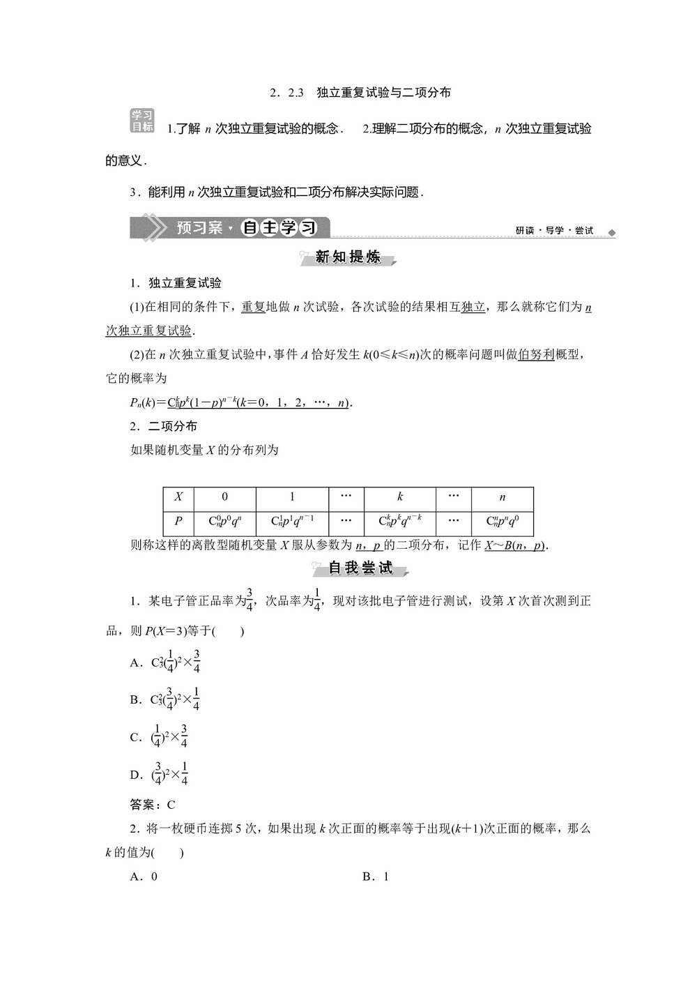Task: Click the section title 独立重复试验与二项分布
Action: [383, 92]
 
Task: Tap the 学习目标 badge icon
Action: [142, 121]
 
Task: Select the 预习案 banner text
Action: [199, 228]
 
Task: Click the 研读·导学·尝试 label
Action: [554, 231]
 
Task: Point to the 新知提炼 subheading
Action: [348, 257]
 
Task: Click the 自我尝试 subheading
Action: [360, 568]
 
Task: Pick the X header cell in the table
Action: [178, 497]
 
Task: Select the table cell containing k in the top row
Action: [400, 497]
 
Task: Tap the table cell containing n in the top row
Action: [503, 497]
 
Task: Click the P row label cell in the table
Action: [178, 521]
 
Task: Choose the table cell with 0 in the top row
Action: [224, 497]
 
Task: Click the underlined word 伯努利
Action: [536, 354]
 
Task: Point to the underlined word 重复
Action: [254, 307]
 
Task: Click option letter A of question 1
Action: [136, 662]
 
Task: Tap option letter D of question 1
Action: [136, 775]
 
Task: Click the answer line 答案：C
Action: [153, 805]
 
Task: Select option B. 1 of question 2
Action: [376, 877]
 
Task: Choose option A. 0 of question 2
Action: [144, 877]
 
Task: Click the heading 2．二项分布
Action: [164, 426]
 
